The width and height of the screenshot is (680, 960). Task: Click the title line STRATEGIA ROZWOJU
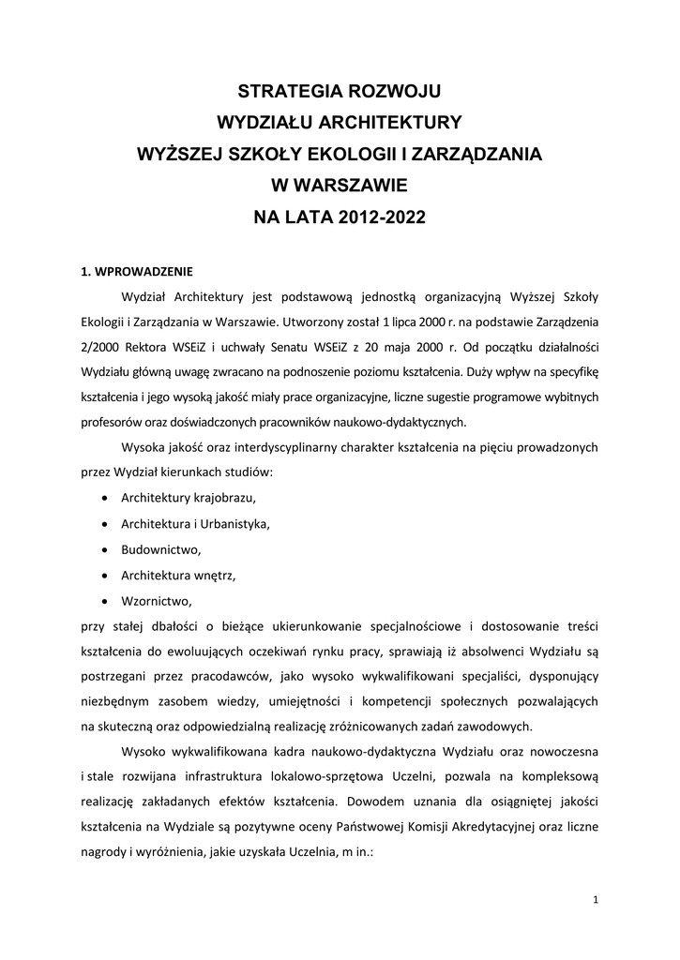(340, 91)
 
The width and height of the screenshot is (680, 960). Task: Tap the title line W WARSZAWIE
(340, 186)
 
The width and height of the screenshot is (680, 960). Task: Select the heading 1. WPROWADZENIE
(137, 273)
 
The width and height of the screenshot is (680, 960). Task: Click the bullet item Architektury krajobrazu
(189, 497)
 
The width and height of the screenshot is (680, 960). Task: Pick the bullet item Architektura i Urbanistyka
(195, 523)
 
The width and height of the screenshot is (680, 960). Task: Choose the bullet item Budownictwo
(160, 548)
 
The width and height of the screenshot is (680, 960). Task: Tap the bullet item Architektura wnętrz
(178, 574)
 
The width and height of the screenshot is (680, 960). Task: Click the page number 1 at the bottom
(596, 900)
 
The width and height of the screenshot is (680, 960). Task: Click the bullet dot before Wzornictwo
(102, 600)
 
